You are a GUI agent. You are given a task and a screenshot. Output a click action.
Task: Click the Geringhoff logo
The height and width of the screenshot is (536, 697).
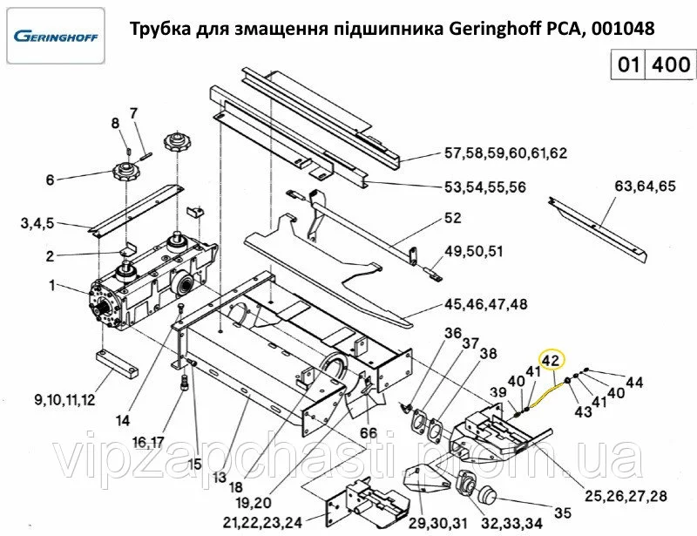tap(54, 37)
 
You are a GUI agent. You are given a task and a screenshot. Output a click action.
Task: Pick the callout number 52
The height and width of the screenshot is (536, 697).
tap(452, 218)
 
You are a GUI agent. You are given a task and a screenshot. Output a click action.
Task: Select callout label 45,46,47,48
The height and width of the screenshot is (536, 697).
tap(486, 304)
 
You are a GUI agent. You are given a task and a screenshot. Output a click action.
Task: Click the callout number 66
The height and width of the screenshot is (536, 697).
tap(369, 432)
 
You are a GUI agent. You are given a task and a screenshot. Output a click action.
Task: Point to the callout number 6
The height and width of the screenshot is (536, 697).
tap(50, 180)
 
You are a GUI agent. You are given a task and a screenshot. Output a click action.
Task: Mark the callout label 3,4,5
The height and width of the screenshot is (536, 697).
tap(37, 224)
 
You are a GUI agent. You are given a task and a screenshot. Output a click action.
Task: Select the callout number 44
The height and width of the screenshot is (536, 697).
tap(634, 381)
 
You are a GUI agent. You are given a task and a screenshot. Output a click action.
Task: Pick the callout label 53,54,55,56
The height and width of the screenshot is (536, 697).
tap(484, 187)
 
